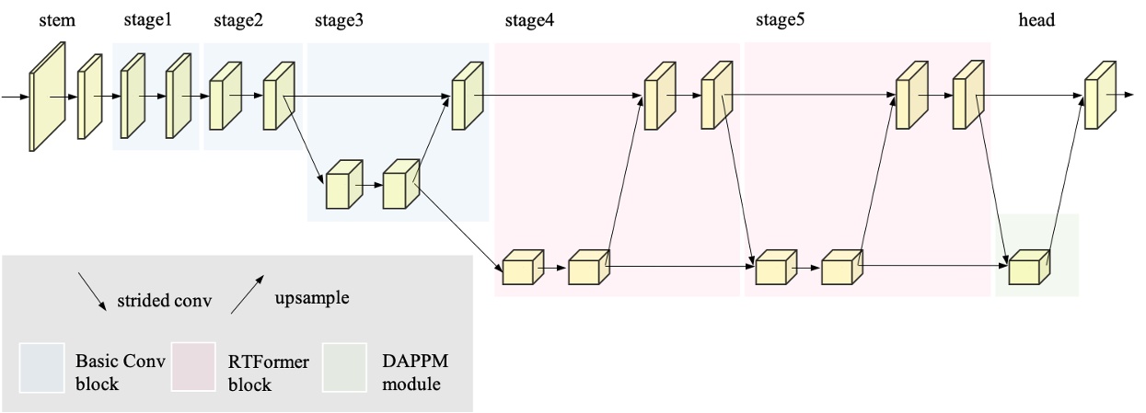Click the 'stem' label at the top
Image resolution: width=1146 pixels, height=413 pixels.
pos(58,19)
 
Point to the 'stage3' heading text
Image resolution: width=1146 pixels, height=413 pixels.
pos(339,20)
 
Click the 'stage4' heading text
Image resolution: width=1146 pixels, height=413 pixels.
pos(529,20)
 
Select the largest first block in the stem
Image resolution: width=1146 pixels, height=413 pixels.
pos(47,97)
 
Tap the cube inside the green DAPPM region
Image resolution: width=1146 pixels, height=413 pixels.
pos(1029,268)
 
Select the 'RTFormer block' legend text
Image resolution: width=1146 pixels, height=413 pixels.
pos(268,373)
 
